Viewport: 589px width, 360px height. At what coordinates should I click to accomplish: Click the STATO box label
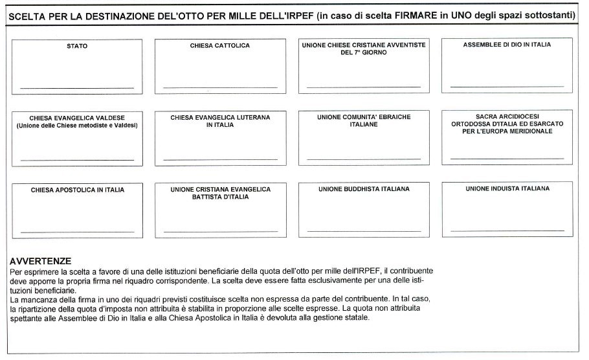[x=77, y=46]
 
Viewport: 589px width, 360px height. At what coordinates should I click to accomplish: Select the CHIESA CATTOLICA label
[x=219, y=46]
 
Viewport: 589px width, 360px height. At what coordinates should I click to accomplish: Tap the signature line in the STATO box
[x=77, y=87]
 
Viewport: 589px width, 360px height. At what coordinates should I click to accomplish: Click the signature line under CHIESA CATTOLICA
[x=220, y=87]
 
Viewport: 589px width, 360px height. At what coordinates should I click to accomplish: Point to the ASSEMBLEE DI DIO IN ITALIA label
[x=507, y=45]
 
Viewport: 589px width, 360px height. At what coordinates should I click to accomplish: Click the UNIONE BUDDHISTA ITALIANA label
[x=364, y=189]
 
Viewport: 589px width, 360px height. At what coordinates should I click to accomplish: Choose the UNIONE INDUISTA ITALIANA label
[x=507, y=188]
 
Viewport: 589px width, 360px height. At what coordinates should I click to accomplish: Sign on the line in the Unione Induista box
[x=507, y=231]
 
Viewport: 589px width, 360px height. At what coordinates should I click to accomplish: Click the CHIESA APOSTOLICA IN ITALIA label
[x=78, y=190]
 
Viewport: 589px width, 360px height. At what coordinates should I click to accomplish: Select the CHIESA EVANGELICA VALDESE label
[x=77, y=118]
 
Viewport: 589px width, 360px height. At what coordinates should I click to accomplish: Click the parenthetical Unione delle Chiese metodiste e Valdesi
[x=77, y=125]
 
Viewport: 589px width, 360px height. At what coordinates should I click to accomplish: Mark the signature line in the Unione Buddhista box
[x=364, y=231]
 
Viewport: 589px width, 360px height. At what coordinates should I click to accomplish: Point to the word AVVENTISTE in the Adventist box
[x=406, y=45]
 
